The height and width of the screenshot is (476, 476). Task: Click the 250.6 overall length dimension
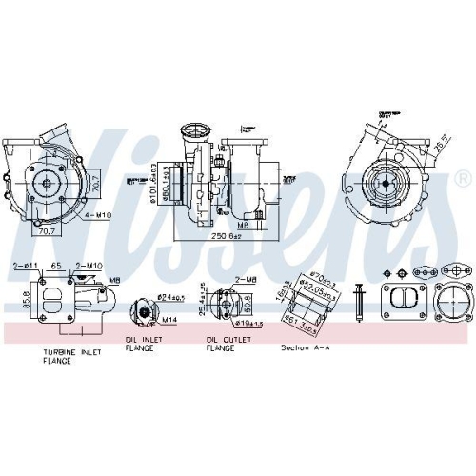click(x=229, y=237)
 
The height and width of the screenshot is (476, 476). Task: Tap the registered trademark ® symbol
click(x=462, y=178)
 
